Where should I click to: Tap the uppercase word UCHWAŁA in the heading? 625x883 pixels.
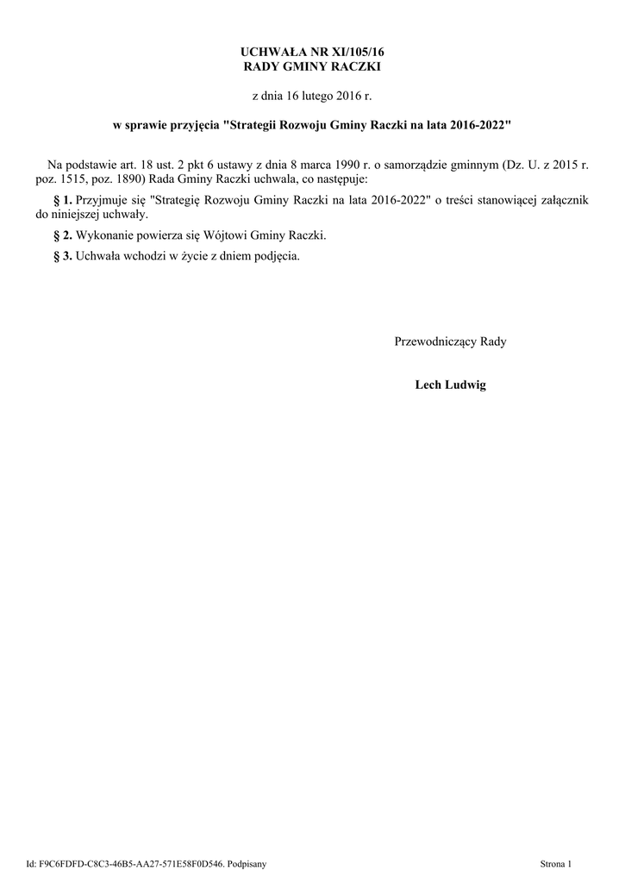[272, 53]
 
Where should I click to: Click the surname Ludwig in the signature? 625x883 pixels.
[465, 385]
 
